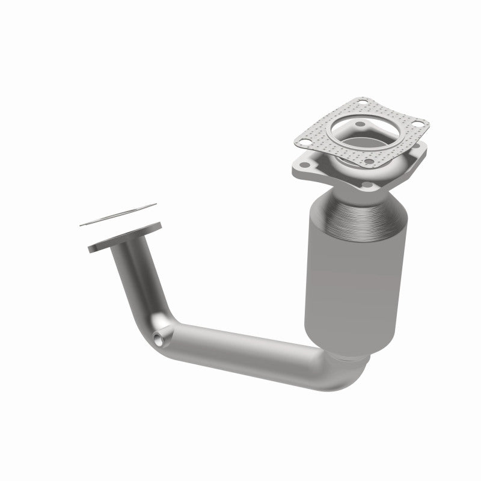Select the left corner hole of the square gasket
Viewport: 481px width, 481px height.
pos(305,142)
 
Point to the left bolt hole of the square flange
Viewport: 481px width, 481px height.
pos(301,163)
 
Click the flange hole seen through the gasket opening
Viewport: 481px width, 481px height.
pos(360,126)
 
